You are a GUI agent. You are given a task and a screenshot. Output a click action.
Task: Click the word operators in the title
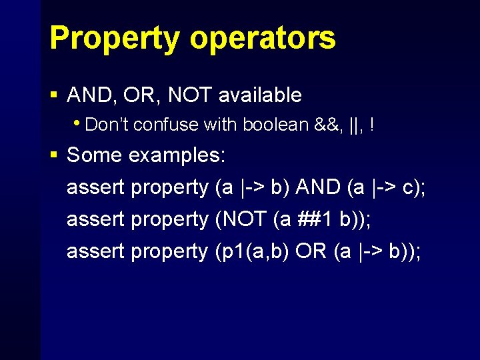click(x=262, y=39)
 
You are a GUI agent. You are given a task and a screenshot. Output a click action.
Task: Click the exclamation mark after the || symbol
click(x=371, y=125)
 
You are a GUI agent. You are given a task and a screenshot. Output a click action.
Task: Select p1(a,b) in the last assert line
click(x=254, y=251)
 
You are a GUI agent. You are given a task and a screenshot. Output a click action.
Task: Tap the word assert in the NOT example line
click(x=96, y=219)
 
